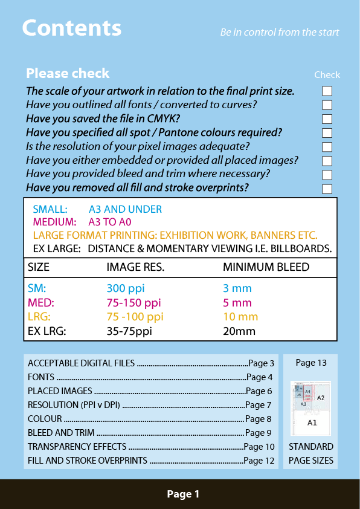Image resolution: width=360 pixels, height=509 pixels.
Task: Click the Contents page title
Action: [x=71, y=28]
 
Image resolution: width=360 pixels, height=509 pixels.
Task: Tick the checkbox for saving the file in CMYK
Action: [x=327, y=119]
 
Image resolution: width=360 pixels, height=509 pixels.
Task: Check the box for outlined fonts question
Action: [x=327, y=105]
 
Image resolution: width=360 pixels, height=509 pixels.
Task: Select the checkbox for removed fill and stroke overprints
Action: [x=327, y=189]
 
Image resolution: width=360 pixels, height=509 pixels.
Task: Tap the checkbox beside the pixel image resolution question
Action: [x=327, y=147]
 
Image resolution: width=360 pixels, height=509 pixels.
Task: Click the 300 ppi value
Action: [x=126, y=288]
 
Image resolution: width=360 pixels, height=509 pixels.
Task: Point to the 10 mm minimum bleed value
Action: [x=240, y=317]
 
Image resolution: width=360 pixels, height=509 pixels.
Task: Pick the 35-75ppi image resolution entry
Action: [x=129, y=331]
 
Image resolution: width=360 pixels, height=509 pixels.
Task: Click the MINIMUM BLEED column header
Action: [x=266, y=267]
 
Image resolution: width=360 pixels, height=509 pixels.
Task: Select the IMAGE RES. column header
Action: [x=135, y=267]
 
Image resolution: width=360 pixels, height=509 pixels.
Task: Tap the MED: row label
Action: [x=41, y=302]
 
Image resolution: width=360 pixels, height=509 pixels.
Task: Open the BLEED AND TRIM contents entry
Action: [x=61, y=433]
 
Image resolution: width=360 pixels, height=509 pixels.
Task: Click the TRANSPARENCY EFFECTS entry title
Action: [x=77, y=447]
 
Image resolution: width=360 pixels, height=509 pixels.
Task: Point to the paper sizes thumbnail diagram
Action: [x=310, y=407]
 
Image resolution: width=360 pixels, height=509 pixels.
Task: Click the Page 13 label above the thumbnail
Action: [x=311, y=363]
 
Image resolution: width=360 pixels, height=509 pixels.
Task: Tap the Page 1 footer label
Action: [x=183, y=494]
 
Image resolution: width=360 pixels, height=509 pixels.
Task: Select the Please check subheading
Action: [x=68, y=74]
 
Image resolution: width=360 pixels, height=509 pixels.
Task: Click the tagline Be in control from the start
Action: [x=279, y=32]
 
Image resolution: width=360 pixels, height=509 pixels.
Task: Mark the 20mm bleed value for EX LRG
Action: [x=239, y=331]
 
